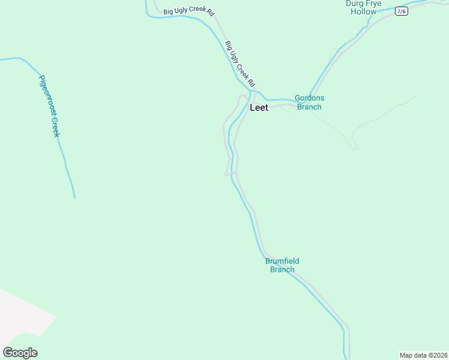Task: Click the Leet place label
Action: (259, 108)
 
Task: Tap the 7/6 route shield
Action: (402, 11)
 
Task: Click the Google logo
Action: (20, 353)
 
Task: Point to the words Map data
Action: (412, 355)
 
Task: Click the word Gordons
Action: (309, 98)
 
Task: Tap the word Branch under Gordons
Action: (309, 107)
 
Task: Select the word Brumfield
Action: (282, 261)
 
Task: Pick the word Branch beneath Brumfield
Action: (282, 270)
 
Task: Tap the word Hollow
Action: (364, 11)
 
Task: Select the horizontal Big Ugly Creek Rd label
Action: (188, 11)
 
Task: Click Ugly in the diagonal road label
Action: (234, 57)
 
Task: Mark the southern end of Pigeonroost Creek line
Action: (74, 197)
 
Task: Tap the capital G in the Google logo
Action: (8, 353)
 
